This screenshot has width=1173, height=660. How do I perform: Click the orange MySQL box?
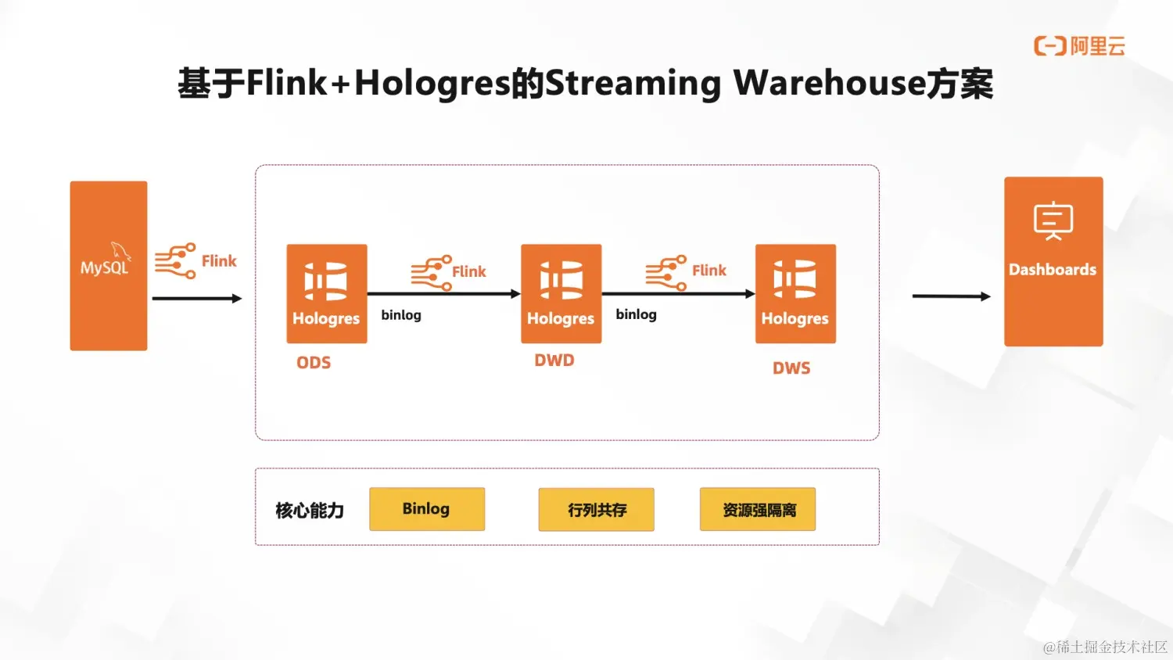[x=109, y=266]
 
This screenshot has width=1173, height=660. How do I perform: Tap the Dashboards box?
[x=1053, y=261]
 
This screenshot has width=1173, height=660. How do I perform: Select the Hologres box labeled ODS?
[x=327, y=293]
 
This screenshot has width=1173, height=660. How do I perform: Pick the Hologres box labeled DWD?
[x=561, y=293]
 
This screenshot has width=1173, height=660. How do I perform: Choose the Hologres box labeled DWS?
[x=795, y=293]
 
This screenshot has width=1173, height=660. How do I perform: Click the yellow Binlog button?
[x=427, y=509]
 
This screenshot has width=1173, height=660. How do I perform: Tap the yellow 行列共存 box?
[x=597, y=510]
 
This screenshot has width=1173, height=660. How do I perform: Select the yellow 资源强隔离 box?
[x=758, y=510]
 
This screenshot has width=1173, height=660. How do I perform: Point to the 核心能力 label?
[x=310, y=511]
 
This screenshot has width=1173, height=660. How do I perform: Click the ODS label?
[x=314, y=363]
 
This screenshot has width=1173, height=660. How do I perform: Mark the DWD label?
[x=554, y=360]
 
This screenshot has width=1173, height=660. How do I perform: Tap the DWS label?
[x=791, y=368]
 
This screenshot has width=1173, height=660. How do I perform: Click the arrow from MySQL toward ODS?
[x=197, y=298]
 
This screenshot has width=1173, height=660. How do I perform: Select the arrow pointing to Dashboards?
[x=951, y=296]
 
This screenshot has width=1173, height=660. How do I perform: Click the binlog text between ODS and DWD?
[x=401, y=315]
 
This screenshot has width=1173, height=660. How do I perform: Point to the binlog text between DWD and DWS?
[x=636, y=314]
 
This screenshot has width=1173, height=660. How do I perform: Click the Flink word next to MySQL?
[x=219, y=261]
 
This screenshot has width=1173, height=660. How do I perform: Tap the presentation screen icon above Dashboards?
[x=1053, y=221]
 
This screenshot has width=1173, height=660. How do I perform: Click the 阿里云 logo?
[x=1079, y=46]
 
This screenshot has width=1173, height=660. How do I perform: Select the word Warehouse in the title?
[x=829, y=83]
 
